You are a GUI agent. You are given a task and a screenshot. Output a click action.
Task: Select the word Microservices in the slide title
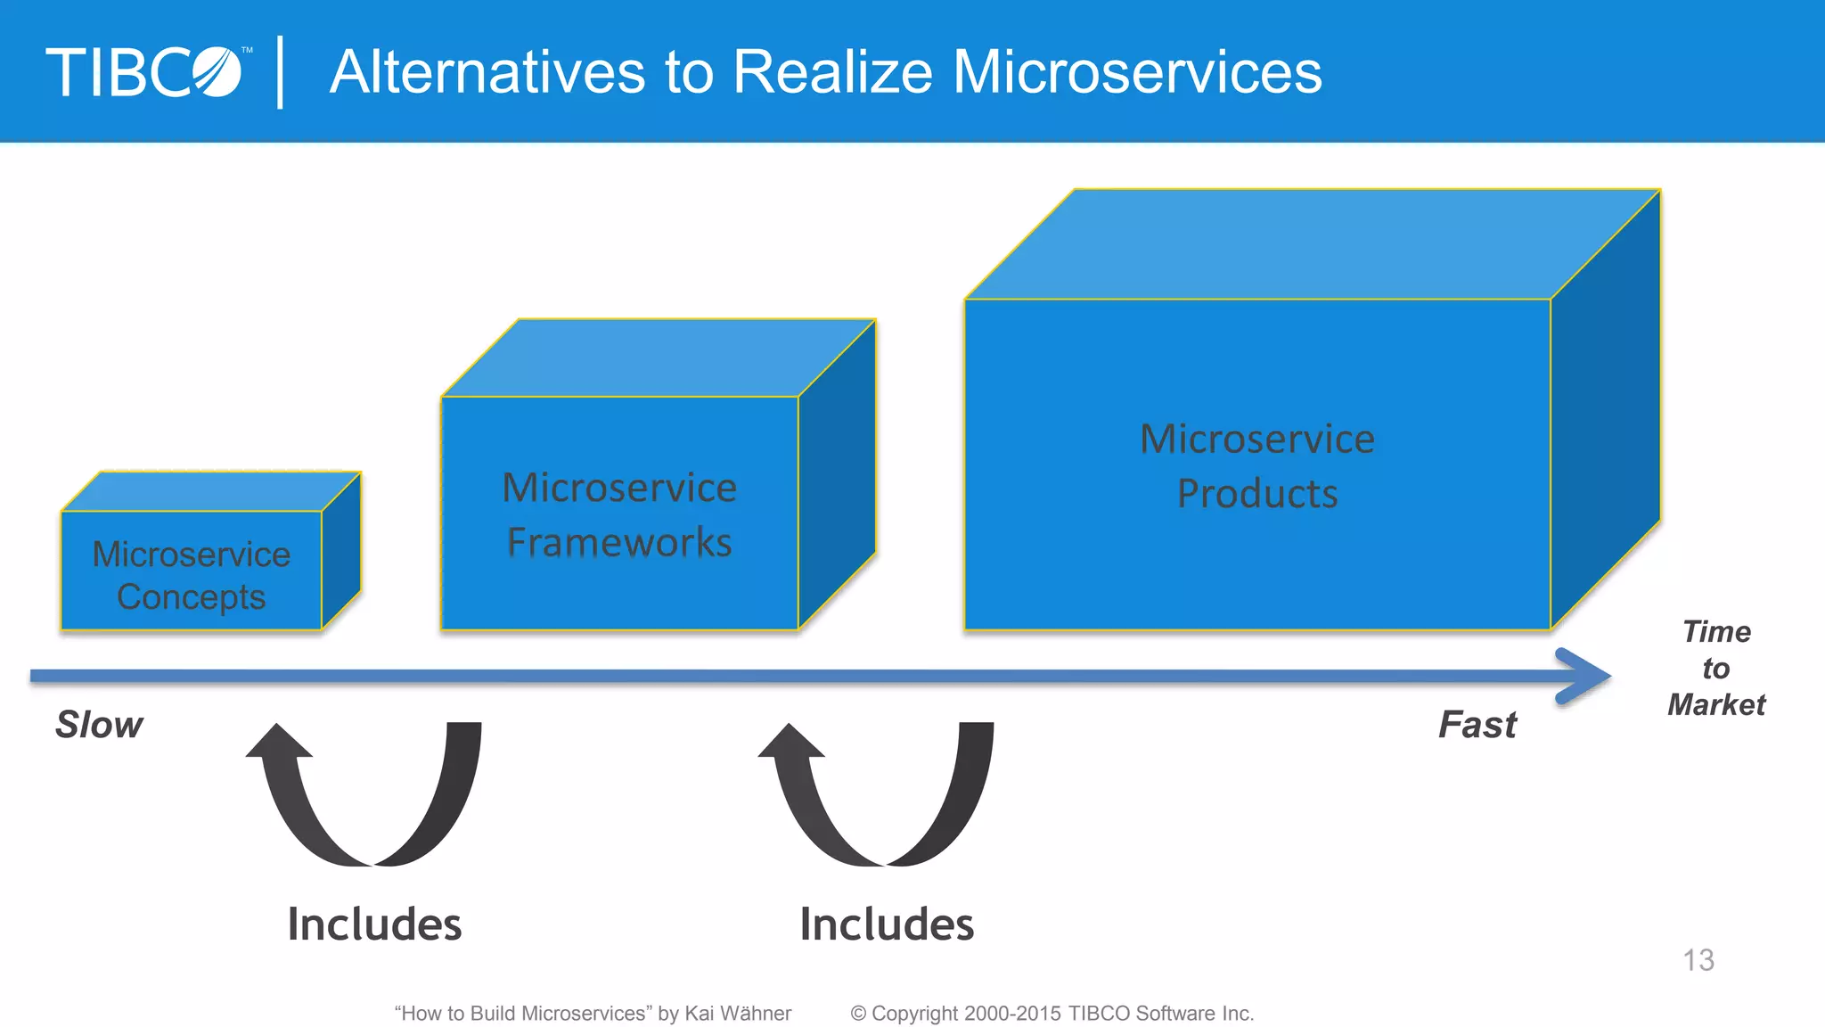pos(1137,72)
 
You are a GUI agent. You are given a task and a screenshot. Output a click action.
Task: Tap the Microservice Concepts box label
pos(192,575)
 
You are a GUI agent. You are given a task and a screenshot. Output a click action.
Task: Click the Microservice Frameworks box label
pos(619,514)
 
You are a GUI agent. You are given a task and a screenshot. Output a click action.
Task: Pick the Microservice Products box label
pos(1257,465)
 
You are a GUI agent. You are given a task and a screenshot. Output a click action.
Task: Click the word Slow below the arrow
pos(99,724)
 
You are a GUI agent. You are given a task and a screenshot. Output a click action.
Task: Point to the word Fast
pos(1477,724)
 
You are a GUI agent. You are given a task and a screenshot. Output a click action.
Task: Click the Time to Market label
pos(1716,668)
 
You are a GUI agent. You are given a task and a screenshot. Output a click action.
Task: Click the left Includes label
pos(374,924)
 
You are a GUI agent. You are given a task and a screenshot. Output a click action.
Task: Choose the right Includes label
pos(887,924)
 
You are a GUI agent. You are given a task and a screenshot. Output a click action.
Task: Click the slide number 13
pos(1698,960)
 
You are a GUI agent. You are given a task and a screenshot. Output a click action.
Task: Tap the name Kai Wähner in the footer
pos(738,1014)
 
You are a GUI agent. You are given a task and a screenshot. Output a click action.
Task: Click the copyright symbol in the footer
pos(858,1014)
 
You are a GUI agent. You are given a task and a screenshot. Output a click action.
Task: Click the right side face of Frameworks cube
pos(837,472)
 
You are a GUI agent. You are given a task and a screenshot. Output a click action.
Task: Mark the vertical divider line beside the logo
pos(281,72)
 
